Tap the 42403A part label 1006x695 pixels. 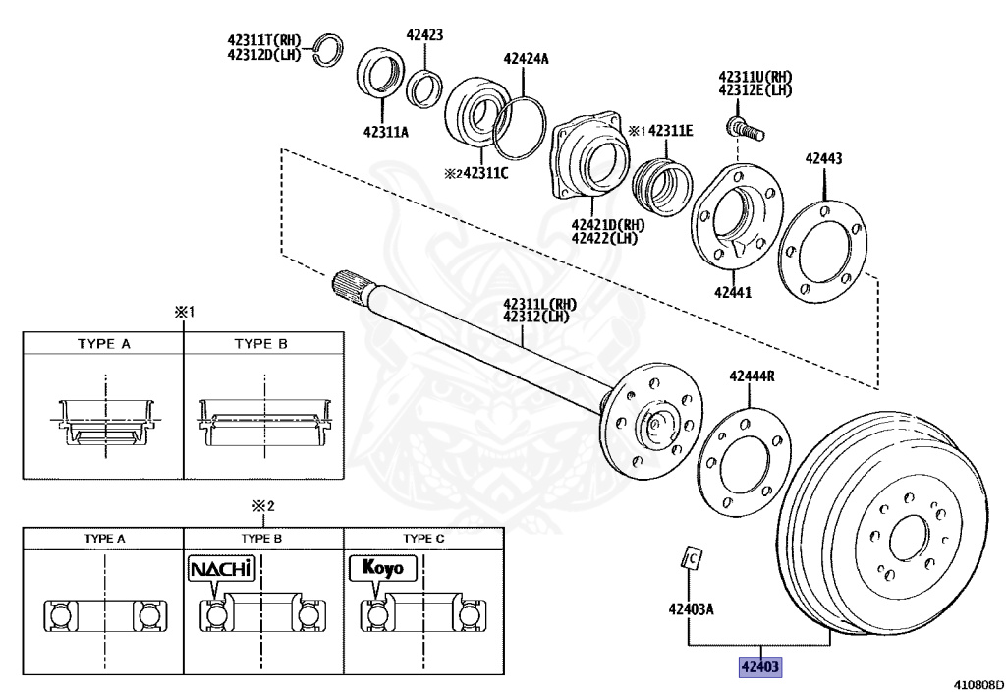coord(691,608)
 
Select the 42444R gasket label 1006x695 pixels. coord(752,376)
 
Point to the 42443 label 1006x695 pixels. coord(823,157)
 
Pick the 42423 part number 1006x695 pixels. coord(424,34)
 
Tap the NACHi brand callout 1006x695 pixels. coord(221,568)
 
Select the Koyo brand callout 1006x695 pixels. coord(382,568)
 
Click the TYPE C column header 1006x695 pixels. coord(424,539)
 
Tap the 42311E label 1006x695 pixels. coord(670,129)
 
